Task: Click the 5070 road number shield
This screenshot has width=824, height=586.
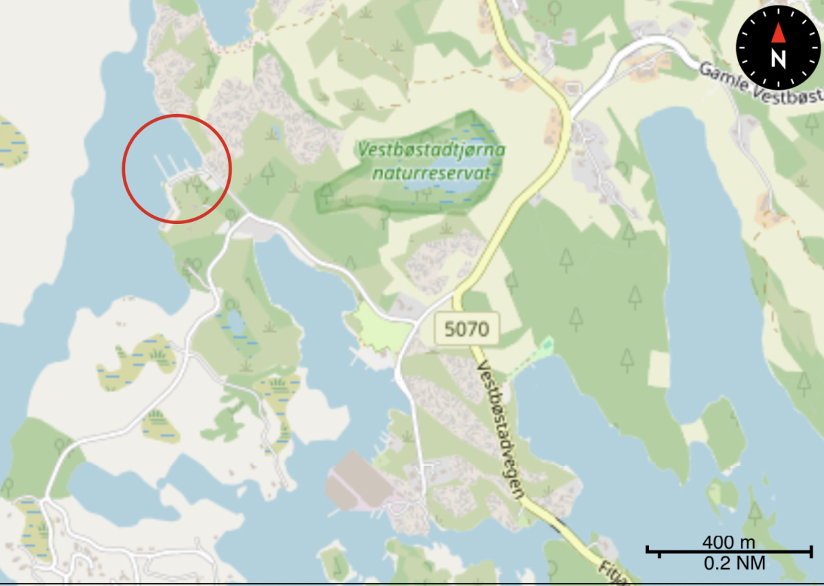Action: (467, 329)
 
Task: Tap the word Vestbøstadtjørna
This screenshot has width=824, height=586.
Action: (431, 149)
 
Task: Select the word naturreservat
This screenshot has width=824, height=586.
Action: (435, 172)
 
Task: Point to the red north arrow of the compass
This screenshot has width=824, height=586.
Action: (778, 32)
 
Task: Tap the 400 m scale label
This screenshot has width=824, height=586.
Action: (728, 541)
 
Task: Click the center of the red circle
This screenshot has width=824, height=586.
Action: (176, 169)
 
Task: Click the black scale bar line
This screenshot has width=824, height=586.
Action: (729, 551)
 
